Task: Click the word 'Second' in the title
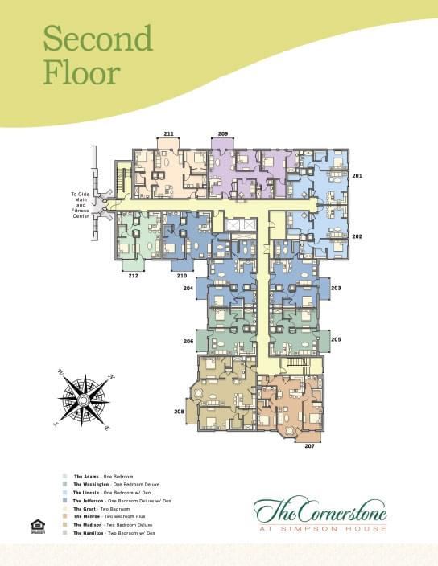tap(97, 38)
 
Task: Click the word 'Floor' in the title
tap(81, 72)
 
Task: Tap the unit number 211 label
tap(168, 133)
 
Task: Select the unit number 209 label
tap(223, 133)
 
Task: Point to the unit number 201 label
tap(357, 174)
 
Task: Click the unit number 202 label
tap(357, 236)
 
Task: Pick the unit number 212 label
tap(133, 276)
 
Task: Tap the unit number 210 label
tap(183, 276)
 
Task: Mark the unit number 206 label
tap(188, 342)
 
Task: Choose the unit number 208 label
tap(179, 412)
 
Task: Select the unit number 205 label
tap(336, 339)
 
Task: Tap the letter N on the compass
tap(112, 376)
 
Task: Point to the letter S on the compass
tap(56, 422)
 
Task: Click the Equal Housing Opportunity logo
tap(35, 527)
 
